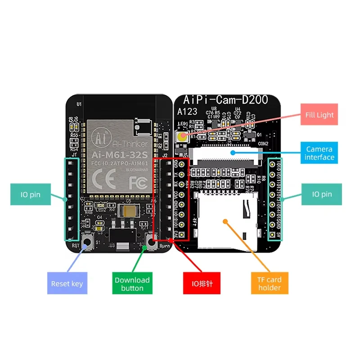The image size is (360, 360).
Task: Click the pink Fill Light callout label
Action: [319, 115]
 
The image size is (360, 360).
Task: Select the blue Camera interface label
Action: [319, 153]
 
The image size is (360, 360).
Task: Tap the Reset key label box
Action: [67, 283]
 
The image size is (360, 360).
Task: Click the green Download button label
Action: [132, 283]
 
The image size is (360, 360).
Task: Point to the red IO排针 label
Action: [202, 283]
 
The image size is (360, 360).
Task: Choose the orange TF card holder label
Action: [270, 283]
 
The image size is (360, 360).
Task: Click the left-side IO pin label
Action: [31, 195]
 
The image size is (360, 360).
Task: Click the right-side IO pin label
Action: [322, 195]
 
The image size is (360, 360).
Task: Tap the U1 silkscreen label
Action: [79, 104]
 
